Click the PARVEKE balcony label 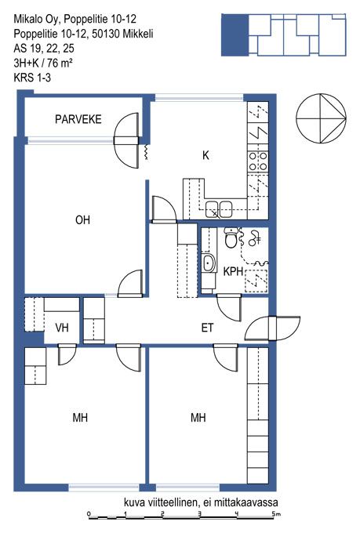coord(78,119)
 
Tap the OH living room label coord(82,220)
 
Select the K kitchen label coord(205,155)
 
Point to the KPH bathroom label coord(233,271)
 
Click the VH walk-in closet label coord(62,328)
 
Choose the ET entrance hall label coord(207,328)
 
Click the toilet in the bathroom coord(231,237)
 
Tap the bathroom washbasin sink coord(209,263)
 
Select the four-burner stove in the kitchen coord(258,161)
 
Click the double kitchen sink coord(219,208)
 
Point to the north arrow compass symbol coord(321,118)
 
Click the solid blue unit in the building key coord(235,35)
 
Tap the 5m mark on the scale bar coord(275,513)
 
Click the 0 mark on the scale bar coord(89,513)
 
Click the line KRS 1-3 coord(32,78)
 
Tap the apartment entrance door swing coord(273,328)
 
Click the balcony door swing coord(126,140)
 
